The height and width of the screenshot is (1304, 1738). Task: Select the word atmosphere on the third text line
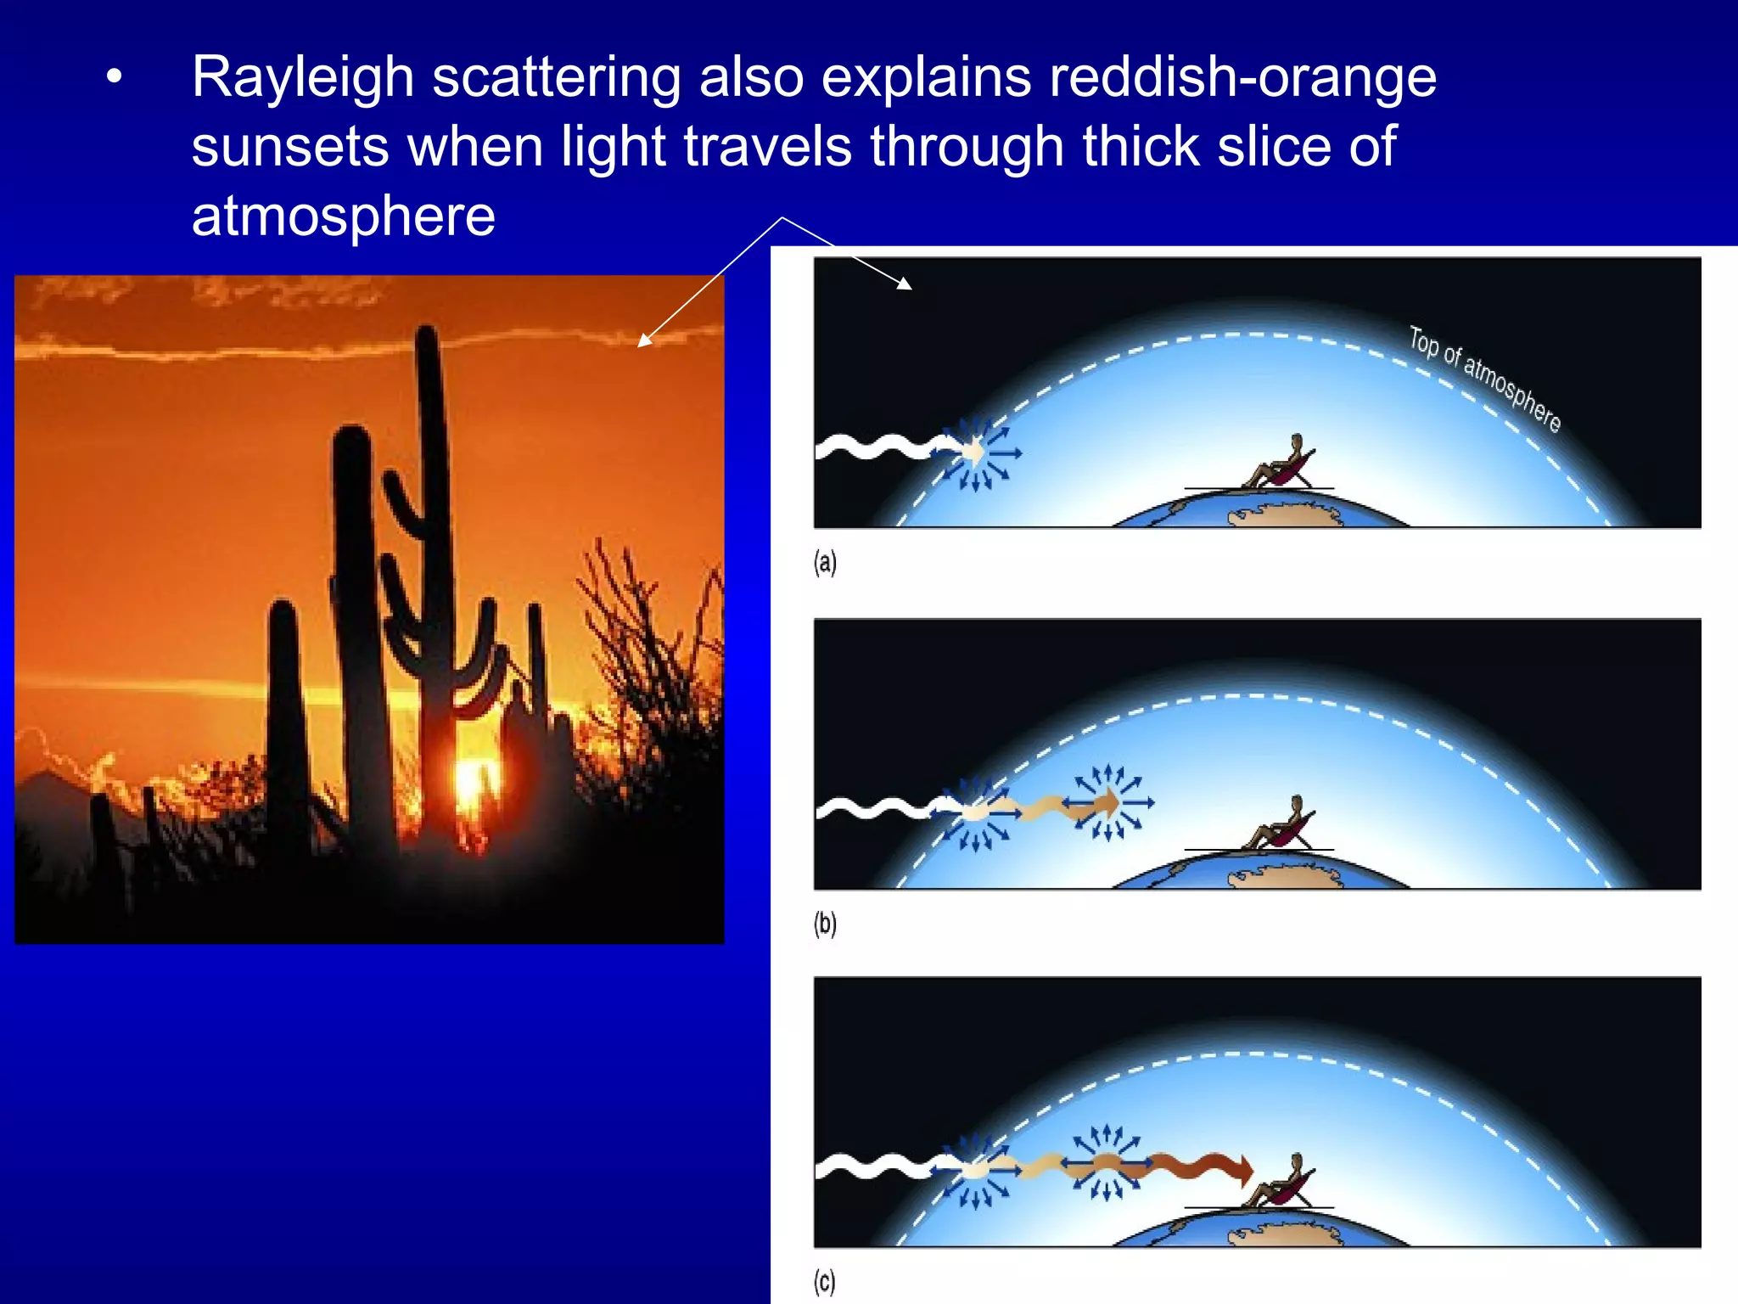coord(343,216)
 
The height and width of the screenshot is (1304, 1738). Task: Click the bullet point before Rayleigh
coord(115,78)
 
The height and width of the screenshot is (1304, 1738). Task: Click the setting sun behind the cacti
coord(469,777)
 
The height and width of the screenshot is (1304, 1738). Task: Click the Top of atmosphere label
coord(1485,379)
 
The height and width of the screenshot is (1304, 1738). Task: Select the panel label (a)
coord(825,562)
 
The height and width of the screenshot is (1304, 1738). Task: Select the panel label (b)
coord(825,923)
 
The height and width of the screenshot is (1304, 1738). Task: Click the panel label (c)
coord(824,1281)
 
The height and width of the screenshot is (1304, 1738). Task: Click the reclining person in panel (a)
coord(1281,465)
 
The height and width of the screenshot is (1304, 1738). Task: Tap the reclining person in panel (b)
coord(1281,826)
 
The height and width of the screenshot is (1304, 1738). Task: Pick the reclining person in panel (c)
coord(1281,1183)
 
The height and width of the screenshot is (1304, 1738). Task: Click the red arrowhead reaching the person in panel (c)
coord(1245,1171)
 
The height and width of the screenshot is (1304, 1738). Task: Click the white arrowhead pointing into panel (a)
coord(905,284)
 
